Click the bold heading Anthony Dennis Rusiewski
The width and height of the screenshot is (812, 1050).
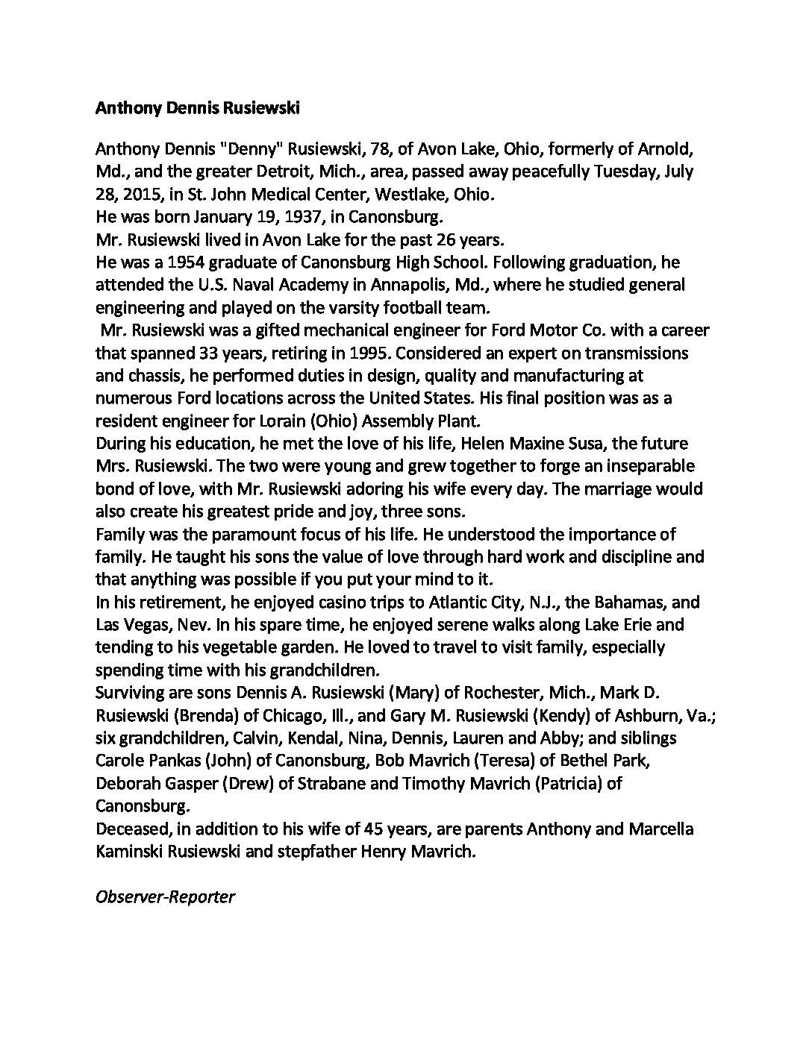[x=197, y=109]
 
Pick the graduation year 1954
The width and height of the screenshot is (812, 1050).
[x=187, y=262]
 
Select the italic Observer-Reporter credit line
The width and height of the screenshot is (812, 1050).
[x=165, y=896]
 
